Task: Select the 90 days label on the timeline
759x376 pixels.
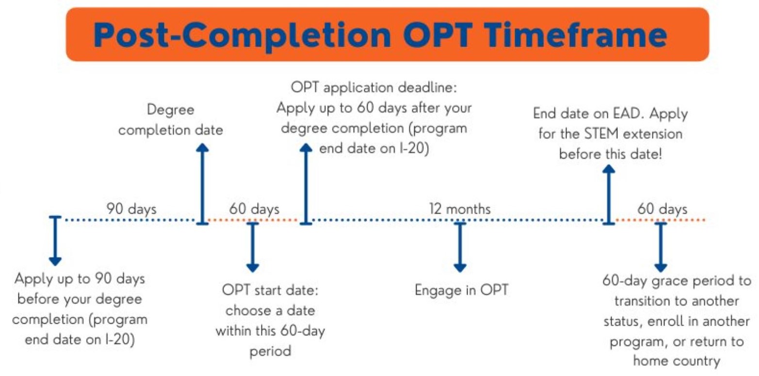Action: [x=131, y=209]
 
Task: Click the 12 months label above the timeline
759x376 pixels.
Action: [x=460, y=209]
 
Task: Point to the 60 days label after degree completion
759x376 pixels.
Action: [x=254, y=209]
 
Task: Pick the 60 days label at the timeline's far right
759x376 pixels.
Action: [x=662, y=209]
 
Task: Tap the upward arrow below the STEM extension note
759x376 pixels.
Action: [x=608, y=194]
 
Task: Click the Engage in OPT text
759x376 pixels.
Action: [x=461, y=290]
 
